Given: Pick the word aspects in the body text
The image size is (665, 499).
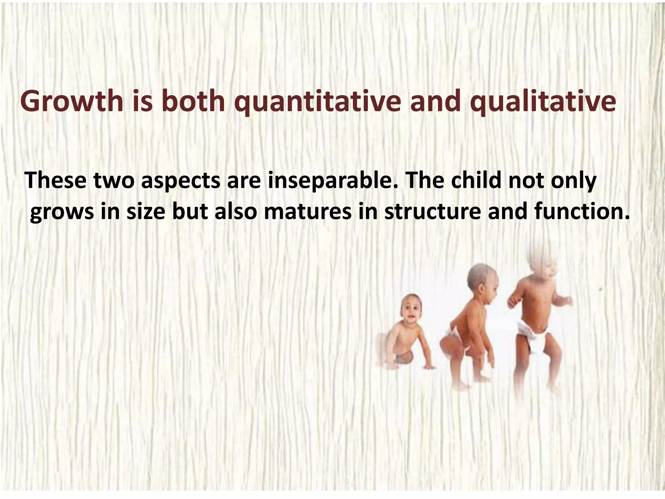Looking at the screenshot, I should coord(181,181).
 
